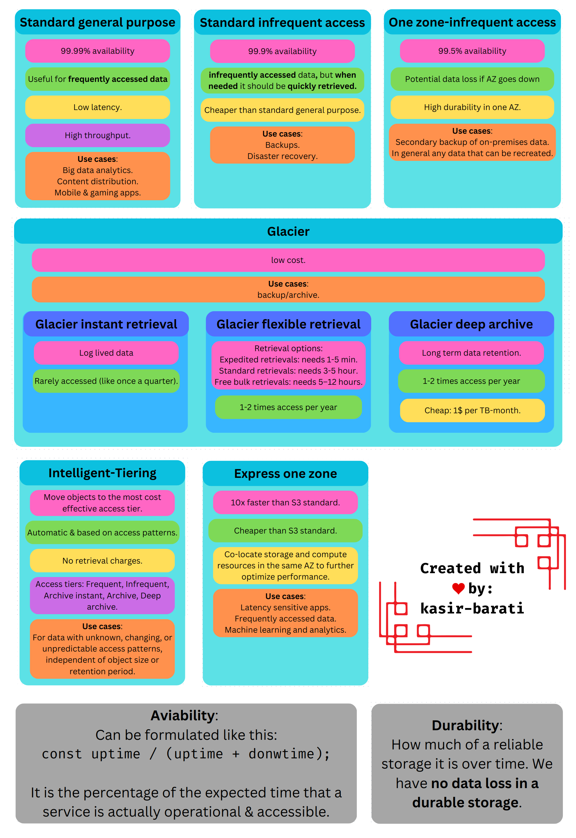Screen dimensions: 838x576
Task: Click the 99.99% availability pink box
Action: click(x=98, y=51)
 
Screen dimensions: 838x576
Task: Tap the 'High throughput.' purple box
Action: click(x=98, y=135)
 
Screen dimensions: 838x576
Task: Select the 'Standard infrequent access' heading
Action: click(x=282, y=23)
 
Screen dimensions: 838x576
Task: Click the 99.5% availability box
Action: click(x=472, y=51)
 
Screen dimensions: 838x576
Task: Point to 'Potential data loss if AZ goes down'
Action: click(x=472, y=79)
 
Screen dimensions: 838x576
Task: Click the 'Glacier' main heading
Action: click(x=288, y=231)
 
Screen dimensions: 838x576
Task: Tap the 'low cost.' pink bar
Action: click(x=288, y=260)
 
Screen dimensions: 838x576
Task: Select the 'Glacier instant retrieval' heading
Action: click(x=106, y=324)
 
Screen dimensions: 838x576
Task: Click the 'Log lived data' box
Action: click(x=106, y=353)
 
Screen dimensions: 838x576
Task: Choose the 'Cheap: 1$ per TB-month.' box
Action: click(x=472, y=410)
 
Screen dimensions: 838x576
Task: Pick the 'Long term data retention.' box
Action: click(x=471, y=353)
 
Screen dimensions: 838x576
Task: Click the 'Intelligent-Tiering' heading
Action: click(x=102, y=472)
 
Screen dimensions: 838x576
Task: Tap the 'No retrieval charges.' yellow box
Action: click(x=102, y=561)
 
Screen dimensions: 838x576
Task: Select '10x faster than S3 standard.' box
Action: click(x=285, y=502)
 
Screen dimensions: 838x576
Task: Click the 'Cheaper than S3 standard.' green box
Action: click(x=285, y=530)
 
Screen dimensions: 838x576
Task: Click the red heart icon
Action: click(x=458, y=589)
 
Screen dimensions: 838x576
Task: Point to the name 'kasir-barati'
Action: click(x=472, y=608)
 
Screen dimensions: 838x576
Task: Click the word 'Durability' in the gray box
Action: click(x=465, y=725)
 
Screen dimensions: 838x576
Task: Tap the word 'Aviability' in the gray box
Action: click(x=183, y=715)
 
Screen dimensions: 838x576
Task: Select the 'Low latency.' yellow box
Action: click(x=98, y=107)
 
